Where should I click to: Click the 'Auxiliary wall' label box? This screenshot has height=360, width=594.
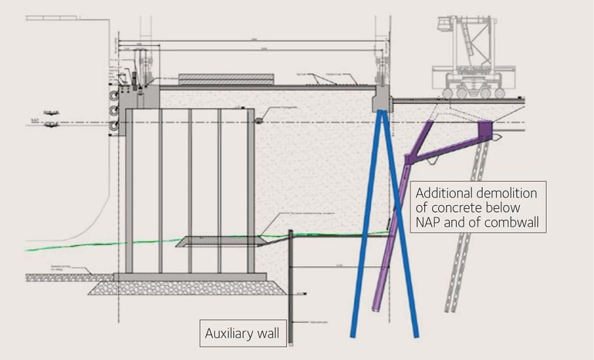(243, 333)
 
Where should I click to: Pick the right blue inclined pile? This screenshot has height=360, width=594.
(400, 232)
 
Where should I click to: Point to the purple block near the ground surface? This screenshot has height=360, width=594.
(485, 128)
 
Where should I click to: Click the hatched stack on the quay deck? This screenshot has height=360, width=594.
(226, 79)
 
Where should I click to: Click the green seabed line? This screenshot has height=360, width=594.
(87, 245)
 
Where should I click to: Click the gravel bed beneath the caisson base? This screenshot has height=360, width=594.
(186, 288)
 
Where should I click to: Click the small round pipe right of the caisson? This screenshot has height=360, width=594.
(258, 120)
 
